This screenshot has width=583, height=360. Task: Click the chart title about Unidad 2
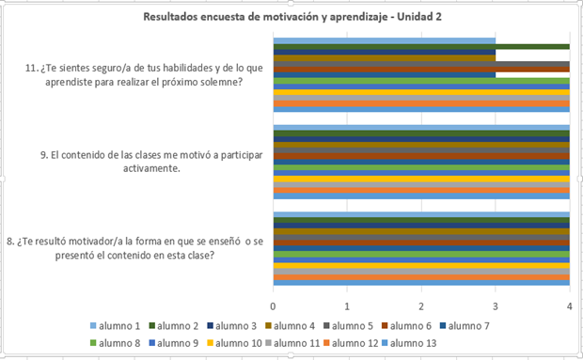291,17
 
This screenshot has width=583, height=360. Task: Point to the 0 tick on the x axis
274,306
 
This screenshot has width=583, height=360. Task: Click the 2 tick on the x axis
421,306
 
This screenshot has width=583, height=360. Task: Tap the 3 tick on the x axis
496,306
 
